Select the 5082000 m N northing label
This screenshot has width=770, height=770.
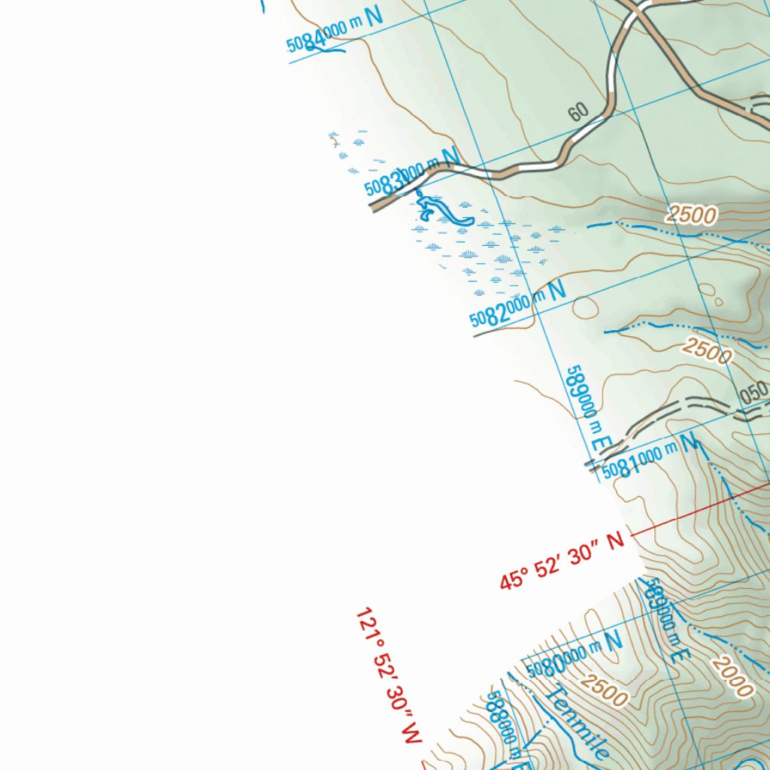click(518, 305)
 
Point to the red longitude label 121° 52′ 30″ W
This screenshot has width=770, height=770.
click(387, 677)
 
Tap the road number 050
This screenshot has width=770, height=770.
click(753, 393)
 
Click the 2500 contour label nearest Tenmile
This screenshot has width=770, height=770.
click(605, 690)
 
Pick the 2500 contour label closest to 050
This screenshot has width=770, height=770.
click(707, 350)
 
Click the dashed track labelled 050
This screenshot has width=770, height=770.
click(677, 410)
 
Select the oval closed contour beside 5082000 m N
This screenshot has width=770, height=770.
click(586, 308)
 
